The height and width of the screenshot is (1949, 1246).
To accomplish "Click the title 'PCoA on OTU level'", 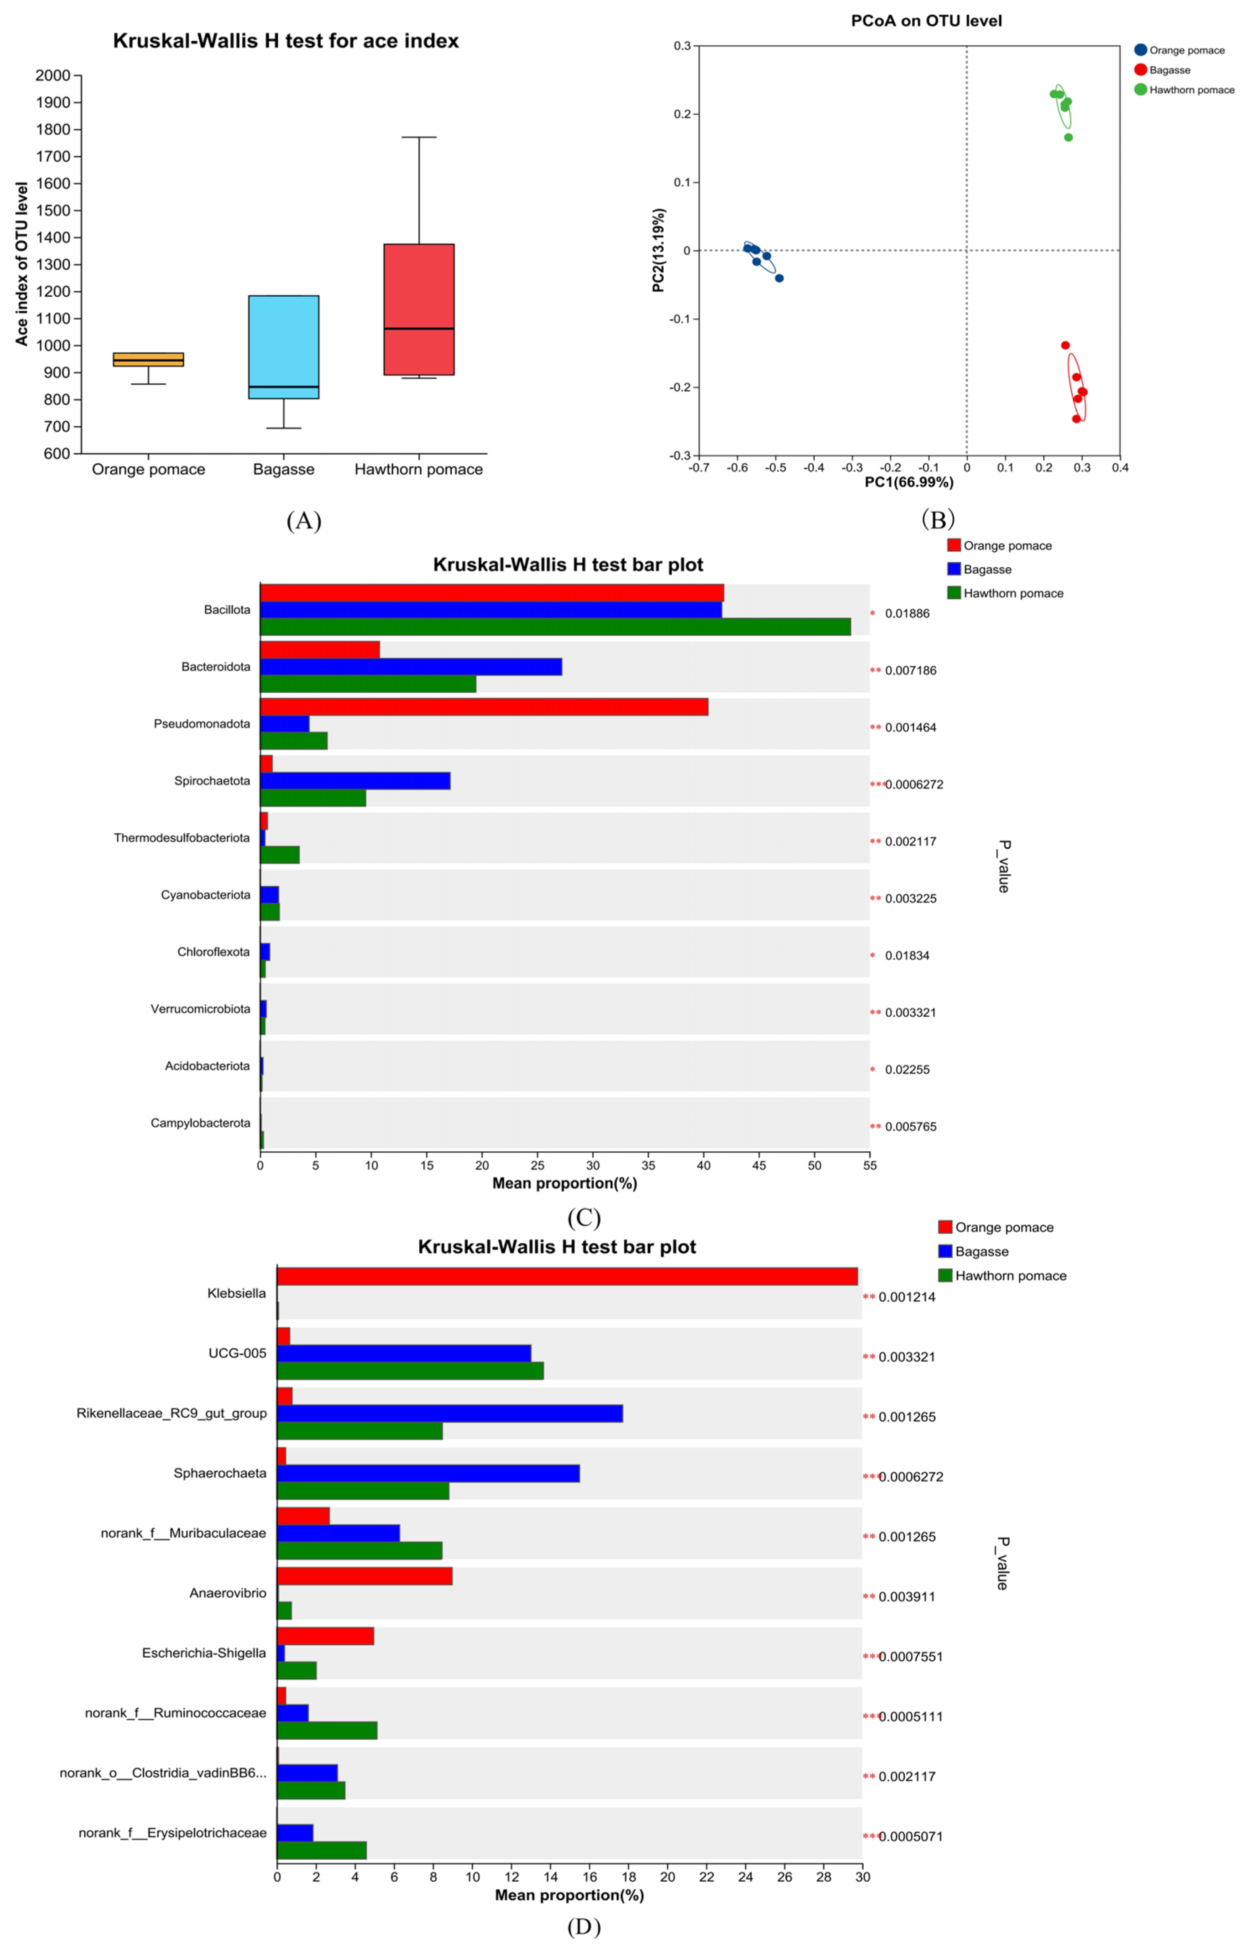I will click(926, 21).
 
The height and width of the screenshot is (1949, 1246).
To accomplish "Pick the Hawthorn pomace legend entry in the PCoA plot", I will click(1190, 90).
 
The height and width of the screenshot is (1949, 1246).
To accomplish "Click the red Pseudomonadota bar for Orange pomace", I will click(484, 707).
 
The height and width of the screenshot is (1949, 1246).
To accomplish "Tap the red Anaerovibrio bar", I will click(364, 1576).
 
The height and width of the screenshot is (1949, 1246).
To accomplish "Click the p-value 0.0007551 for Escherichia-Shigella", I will click(910, 1657).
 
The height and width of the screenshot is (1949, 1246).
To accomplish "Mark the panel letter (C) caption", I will click(584, 1218).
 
